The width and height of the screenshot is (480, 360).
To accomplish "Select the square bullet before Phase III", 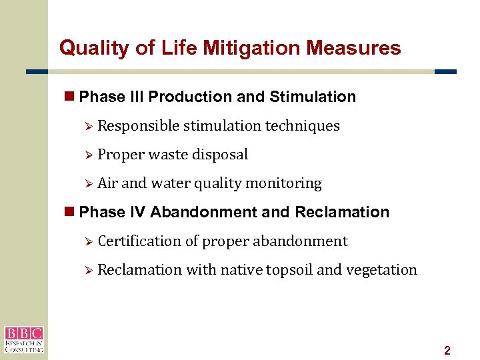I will pyautogui.click(x=69, y=97).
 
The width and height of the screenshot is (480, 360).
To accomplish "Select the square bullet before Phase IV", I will pyautogui.click(x=69, y=212).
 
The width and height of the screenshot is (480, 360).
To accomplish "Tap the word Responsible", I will pyautogui.click(x=138, y=126).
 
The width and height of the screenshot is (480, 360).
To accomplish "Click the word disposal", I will pyautogui.click(x=220, y=155).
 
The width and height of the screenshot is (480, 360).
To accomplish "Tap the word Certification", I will pyautogui.click(x=139, y=241).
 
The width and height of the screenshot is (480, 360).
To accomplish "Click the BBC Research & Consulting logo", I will pyautogui.click(x=24, y=339).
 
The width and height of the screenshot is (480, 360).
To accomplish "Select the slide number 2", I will pyautogui.click(x=447, y=351).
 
